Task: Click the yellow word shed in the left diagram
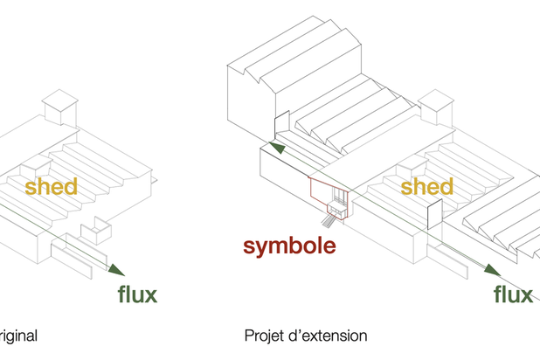[x=51, y=187]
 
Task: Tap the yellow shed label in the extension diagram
[x=426, y=187]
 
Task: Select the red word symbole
[x=290, y=246]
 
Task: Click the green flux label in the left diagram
[x=138, y=294]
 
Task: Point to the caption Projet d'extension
[x=306, y=335]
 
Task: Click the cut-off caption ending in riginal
[x=18, y=335]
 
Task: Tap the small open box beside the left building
[x=95, y=232]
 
